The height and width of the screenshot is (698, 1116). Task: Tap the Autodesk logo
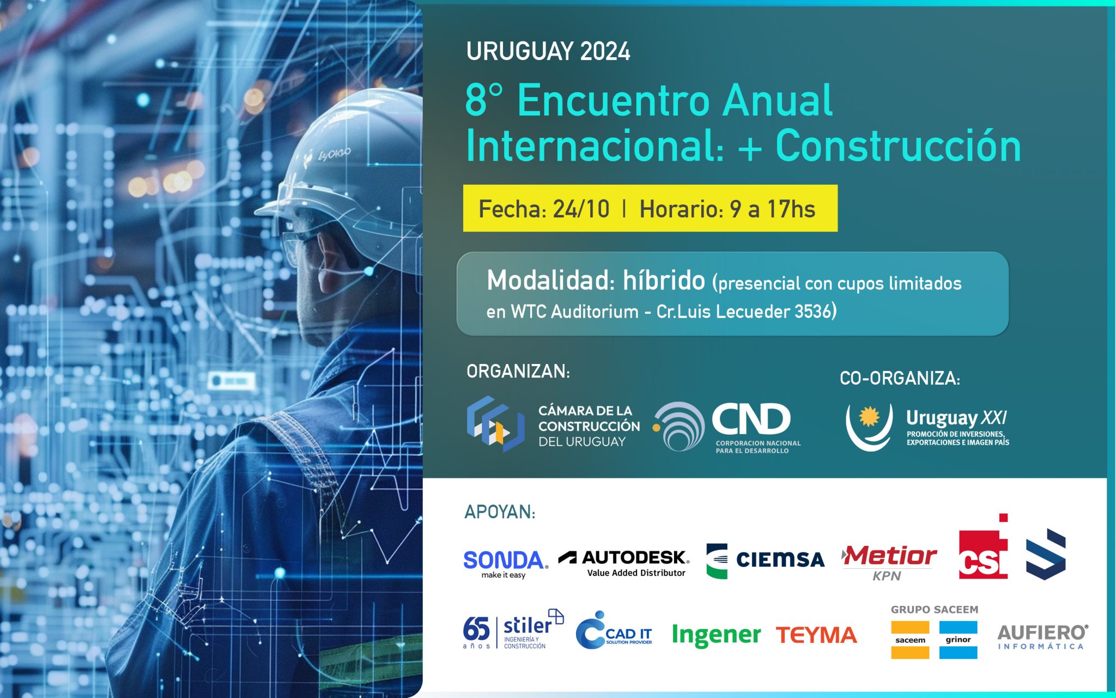point(624,563)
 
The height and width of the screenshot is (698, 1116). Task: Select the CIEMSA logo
point(765,561)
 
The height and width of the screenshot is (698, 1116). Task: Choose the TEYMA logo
point(816,635)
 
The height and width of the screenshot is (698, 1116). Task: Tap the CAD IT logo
point(614,630)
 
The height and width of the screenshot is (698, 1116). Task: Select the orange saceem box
point(910,640)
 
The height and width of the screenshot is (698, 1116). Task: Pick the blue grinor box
point(958,640)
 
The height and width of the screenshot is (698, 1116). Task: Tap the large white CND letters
point(751,420)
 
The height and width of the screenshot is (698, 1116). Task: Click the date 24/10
point(581,209)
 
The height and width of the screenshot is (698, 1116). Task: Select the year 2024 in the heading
point(605,52)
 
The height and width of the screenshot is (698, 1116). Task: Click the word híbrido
point(664,281)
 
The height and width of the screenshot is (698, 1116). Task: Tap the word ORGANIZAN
point(518,372)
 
